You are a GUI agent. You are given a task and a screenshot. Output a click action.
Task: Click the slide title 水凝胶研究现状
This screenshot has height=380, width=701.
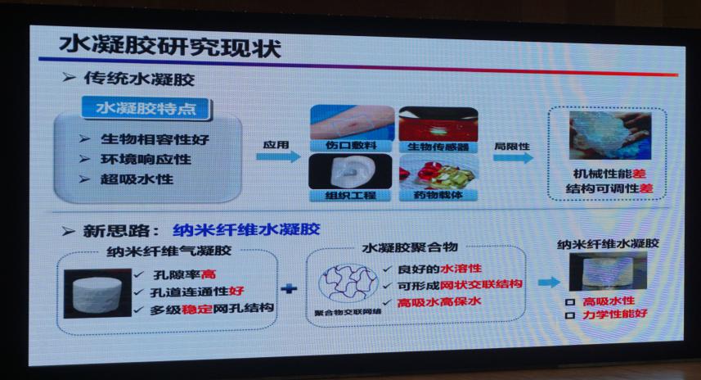(170, 47)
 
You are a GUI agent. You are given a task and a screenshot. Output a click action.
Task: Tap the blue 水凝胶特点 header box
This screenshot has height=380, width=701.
(146, 109)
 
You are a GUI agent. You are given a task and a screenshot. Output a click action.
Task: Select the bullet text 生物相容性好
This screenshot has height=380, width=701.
(155, 139)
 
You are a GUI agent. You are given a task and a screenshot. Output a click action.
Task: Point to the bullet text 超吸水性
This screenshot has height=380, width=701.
(137, 179)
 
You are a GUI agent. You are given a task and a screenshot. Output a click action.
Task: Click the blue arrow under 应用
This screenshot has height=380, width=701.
(278, 156)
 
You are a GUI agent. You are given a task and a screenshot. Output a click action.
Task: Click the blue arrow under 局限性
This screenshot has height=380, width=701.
(513, 157)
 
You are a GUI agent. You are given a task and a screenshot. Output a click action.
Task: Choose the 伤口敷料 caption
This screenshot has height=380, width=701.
(351, 146)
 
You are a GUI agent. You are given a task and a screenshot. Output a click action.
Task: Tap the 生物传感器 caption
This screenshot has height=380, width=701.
(438, 147)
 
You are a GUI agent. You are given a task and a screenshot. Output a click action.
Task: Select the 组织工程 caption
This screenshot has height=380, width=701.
(350, 195)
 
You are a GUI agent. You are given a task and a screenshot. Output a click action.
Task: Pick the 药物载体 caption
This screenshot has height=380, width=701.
(438, 195)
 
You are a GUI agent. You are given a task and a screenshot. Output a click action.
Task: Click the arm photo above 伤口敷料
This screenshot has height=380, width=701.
(352, 122)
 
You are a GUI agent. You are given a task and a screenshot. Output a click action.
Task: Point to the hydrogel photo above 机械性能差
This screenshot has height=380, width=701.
(610, 136)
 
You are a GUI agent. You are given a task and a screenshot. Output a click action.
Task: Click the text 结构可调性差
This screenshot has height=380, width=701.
(609, 188)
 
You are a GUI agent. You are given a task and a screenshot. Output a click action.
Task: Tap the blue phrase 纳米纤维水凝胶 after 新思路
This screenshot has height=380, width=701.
(246, 229)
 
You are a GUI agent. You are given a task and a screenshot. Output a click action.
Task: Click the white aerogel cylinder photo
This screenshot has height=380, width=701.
(97, 293)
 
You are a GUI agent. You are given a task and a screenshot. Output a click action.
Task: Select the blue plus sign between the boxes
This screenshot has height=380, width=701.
(290, 289)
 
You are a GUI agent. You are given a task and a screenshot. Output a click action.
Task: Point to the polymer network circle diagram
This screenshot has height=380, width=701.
(348, 283)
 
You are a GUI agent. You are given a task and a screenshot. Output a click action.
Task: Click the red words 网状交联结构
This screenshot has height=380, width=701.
(481, 285)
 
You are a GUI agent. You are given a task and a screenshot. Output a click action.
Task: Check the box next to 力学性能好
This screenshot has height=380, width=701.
(569, 315)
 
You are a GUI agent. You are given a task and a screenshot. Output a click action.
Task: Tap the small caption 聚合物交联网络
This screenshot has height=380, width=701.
(348, 312)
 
